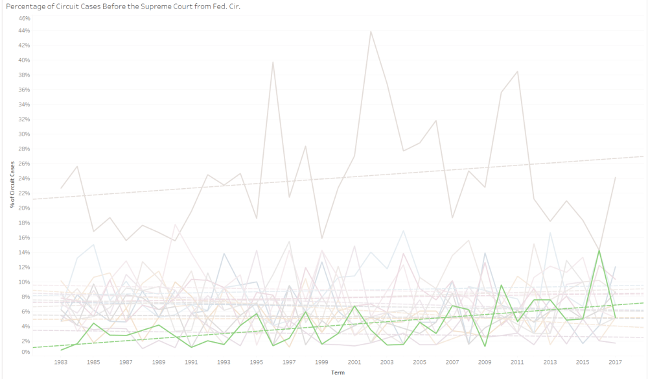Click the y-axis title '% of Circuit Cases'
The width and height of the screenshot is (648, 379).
12,185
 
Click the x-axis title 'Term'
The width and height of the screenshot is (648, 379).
338,374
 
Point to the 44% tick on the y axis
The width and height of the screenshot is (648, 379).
24,31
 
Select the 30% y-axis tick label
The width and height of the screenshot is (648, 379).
24,134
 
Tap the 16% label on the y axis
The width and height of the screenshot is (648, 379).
24,238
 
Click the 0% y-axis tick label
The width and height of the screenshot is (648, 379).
25,352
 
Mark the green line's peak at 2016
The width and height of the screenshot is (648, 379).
599,251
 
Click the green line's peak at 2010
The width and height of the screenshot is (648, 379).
501,285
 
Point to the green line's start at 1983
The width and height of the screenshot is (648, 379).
61,350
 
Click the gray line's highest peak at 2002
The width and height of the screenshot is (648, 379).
371,31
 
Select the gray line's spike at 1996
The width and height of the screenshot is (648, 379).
273,62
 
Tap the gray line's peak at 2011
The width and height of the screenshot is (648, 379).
517,71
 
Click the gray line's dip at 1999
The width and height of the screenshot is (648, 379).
321,238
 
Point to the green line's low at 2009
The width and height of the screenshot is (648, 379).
485,346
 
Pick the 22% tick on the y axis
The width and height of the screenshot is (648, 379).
24,193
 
